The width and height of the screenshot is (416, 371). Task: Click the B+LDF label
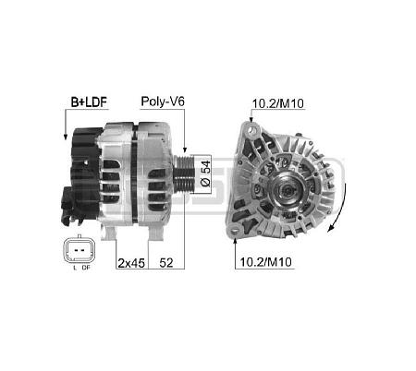coord(89,102)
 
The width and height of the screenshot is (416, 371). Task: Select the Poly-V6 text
coord(163,102)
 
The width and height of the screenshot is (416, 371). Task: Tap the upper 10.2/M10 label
coord(278,103)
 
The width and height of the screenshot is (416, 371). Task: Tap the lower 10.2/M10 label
coord(265,262)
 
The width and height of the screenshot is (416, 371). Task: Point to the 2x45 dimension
coord(131,263)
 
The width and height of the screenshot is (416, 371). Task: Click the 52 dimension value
coord(166,263)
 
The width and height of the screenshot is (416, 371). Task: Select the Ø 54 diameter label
coord(205,174)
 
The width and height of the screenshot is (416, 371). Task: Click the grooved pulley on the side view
coord(183,174)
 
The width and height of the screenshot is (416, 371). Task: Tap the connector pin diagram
coord(80,250)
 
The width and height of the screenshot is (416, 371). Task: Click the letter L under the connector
coord(75,268)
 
